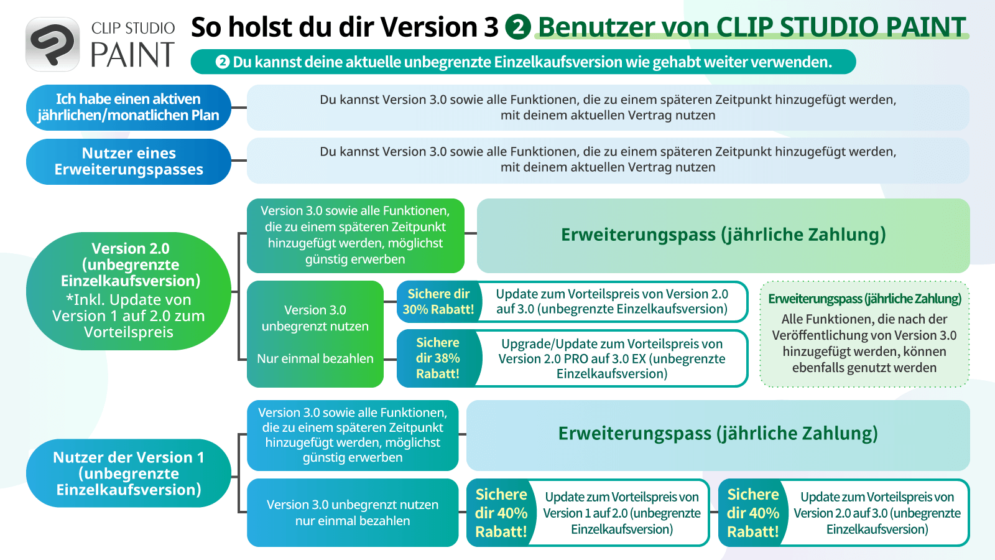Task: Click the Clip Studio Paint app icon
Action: (52, 44)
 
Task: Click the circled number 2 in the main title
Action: (518, 27)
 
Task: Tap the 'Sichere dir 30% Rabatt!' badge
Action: (438, 301)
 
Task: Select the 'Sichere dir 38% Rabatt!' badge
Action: (438, 358)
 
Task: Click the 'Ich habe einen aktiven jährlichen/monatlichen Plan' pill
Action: (128, 107)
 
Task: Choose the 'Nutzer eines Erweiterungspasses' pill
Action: (128, 161)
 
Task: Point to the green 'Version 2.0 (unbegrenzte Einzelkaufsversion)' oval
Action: (128, 291)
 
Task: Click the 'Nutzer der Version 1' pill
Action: (128, 473)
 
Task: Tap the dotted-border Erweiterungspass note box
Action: (864, 334)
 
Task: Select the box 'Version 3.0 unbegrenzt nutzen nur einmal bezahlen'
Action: (353, 513)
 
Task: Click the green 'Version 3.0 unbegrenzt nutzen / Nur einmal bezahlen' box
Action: (315, 334)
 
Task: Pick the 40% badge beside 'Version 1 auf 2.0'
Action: (501, 513)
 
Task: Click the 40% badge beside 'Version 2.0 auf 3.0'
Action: (753, 513)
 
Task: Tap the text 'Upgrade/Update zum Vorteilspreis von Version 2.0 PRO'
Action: (612, 351)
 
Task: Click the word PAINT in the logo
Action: (133, 55)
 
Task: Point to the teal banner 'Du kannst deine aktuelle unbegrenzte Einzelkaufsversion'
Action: (523, 62)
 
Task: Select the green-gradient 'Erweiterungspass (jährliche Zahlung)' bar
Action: (723, 236)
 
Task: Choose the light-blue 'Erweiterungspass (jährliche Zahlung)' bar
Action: (718, 435)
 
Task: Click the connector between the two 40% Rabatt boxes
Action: (714, 512)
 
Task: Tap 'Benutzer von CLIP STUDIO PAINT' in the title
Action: (752, 27)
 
